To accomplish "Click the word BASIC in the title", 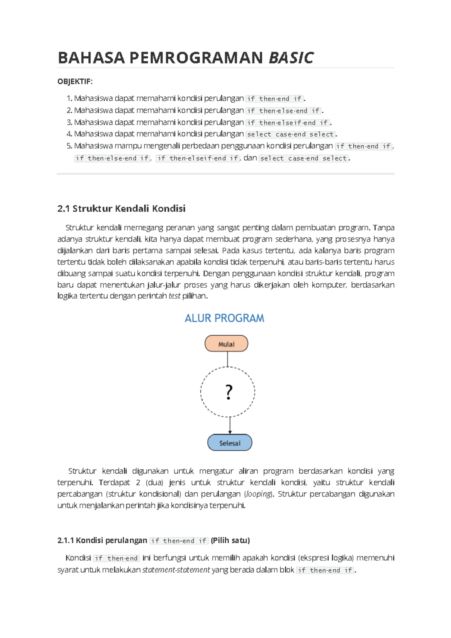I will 291,58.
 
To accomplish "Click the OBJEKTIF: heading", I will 75,82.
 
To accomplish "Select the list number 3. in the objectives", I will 69,122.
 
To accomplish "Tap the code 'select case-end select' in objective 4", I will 290,135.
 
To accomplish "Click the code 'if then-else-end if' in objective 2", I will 284,111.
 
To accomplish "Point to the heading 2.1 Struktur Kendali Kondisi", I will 121,209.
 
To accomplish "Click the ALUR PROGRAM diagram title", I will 224,318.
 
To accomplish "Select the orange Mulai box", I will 226,344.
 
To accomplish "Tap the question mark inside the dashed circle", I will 229,392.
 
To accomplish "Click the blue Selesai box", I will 230,443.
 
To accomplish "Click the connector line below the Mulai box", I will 227,359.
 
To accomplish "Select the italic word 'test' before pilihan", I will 174,296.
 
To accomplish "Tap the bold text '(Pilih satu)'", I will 230,541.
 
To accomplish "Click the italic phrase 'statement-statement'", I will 176,570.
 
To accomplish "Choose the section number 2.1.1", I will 65,541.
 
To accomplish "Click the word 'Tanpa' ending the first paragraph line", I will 383,228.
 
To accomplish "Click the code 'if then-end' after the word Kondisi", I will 117,558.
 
